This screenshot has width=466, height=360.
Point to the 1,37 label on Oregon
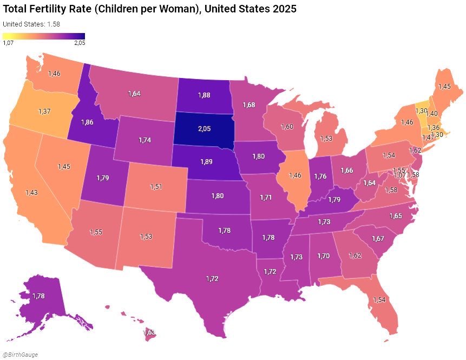pos(45,110)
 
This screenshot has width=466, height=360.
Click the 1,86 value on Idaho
pos(88,122)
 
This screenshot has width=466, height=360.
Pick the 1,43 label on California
pos(31,192)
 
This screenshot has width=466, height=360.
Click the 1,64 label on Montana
pos(134,94)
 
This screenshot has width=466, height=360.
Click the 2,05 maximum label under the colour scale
pos(80,43)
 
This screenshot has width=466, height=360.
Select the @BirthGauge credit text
pos(18,355)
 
